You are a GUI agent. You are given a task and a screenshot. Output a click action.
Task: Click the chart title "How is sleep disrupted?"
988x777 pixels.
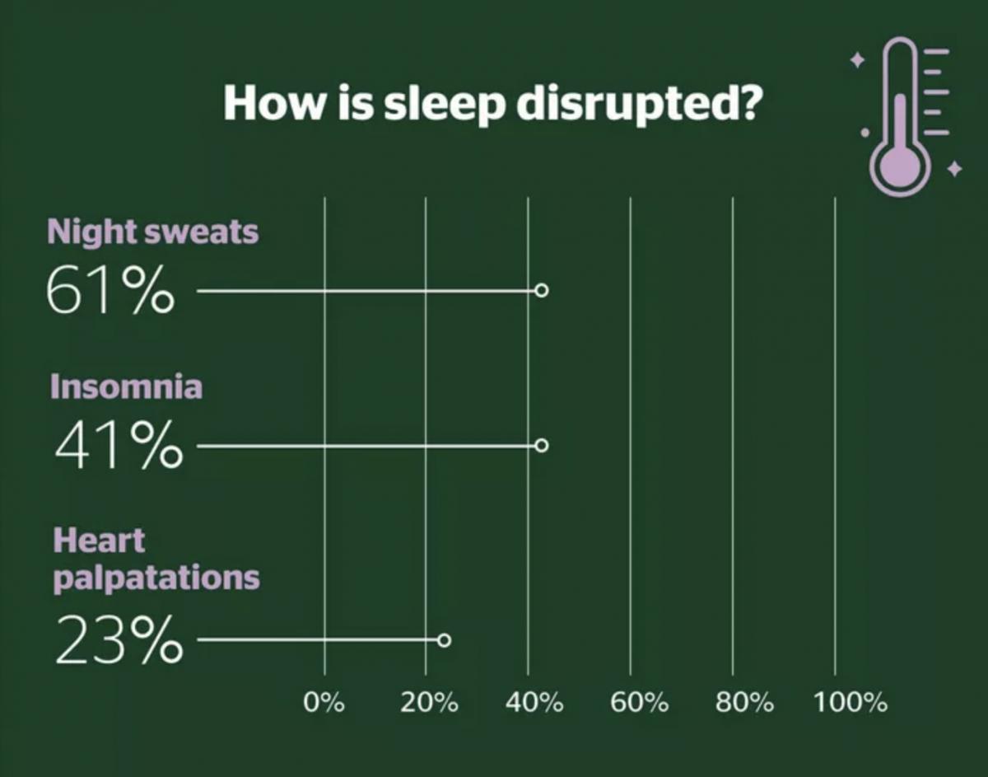pyautogui.click(x=492, y=104)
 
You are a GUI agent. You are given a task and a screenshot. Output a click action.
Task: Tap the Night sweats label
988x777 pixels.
pyautogui.click(x=153, y=232)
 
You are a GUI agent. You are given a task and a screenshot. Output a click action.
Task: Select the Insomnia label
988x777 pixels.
pyautogui.click(x=127, y=386)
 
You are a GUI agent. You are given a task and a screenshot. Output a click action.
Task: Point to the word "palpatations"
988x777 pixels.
pyautogui.click(x=157, y=578)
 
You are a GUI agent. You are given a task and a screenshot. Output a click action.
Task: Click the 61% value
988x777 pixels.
pyautogui.click(x=110, y=290)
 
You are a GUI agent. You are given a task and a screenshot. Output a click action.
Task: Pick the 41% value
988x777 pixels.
pyautogui.click(x=119, y=444)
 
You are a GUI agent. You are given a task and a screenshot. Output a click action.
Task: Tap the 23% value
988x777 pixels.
pyautogui.click(x=119, y=639)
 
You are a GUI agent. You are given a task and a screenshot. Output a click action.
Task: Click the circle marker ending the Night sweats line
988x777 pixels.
pyautogui.click(x=541, y=290)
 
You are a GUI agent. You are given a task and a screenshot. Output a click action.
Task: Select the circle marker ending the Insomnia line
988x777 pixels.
pyautogui.click(x=541, y=445)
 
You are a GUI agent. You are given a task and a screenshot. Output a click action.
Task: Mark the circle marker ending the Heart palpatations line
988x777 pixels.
pyautogui.click(x=445, y=640)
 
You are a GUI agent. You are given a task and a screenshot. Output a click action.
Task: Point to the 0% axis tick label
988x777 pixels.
pyautogui.click(x=324, y=702)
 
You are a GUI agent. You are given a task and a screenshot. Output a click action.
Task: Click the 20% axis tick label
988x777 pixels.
pyautogui.click(x=429, y=702)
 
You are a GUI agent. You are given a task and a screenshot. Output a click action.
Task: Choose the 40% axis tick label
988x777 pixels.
pyautogui.click(x=534, y=702)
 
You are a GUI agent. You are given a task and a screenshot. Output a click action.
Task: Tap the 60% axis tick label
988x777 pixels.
pyautogui.click(x=639, y=702)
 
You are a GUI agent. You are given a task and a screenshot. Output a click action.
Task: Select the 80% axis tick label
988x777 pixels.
pyautogui.click(x=744, y=702)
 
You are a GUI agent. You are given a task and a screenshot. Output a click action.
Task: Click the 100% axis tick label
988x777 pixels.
pyautogui.click(x=851, y=702)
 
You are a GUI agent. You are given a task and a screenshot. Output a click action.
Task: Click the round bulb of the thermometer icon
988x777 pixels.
pyautogui.click(x=900, y=167)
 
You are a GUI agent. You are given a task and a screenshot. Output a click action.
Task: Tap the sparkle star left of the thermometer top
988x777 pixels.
pyautogui.click(x=858, y=59)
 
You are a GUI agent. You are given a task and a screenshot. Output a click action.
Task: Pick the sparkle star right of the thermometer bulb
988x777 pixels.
pyautogui.click(x=954, y=169)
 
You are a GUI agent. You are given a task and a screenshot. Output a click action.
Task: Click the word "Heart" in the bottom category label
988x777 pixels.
pyautogui.click(x=99, y=541)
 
